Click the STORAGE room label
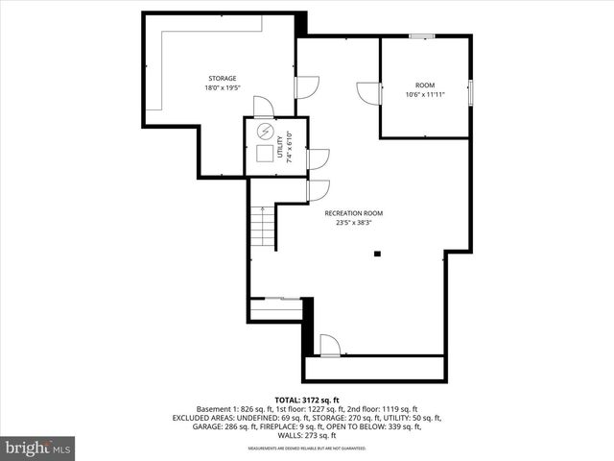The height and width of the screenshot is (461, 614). pyautogui.click(x=223, y=79)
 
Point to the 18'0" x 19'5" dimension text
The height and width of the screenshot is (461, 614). pyautogui.click(x=223, y=88)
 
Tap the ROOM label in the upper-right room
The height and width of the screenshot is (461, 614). pyautogui.click(x=424, y=85)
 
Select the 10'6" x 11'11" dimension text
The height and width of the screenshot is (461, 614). pyautogui.click(x=424, y=95)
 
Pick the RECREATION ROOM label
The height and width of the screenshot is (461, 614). pyautogui.click(x=353, y=213)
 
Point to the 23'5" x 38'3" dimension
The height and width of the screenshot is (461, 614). pyautogui.click(x=353, y=223)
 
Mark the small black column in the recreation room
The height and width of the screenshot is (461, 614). pyautogui.click(x=378, y=254)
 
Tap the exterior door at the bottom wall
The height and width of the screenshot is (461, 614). pyautogui.click(x=328, y=346)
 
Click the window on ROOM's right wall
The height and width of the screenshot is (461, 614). pyautogui.click(x=470, y=91)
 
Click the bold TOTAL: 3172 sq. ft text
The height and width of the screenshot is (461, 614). pyautogui.click(x=307, y=400)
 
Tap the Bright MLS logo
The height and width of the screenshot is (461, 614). pyautogui.click(x=38, y=448)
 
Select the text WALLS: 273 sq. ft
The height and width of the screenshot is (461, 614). pyautogui.click(x=307, y=435)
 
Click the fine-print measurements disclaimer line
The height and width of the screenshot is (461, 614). pyautogui.click(x=307, y=449)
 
